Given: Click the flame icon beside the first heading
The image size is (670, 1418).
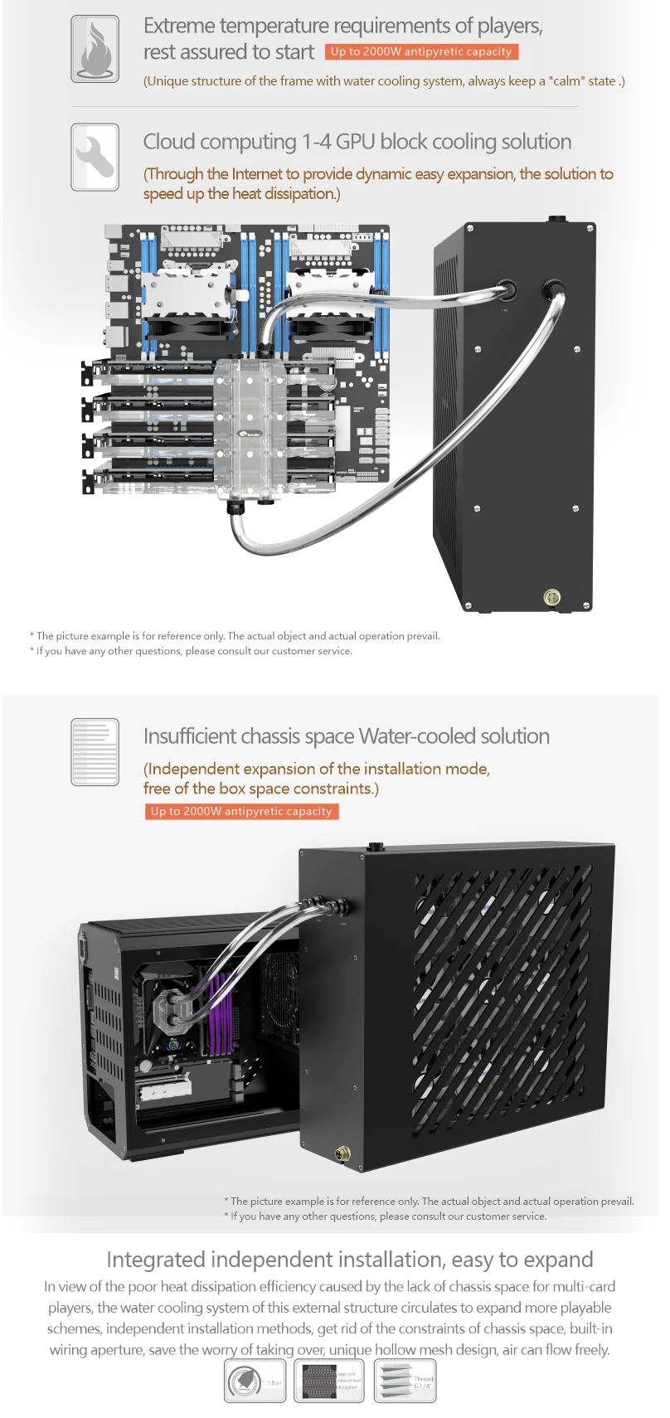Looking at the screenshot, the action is [x=95, y=49].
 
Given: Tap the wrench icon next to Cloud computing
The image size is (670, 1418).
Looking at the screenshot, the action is [x=95, y=157].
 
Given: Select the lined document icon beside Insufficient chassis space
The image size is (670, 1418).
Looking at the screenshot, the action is [x=95, y=751].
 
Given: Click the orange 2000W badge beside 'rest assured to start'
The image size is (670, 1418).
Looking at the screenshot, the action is [x=421, y=51].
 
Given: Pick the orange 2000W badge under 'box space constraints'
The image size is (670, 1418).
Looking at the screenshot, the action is [x=241, y=811].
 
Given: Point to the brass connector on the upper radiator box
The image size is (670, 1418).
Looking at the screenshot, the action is [x=552, y=596].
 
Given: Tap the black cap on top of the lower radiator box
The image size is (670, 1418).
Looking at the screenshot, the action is [x=375, y=847].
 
